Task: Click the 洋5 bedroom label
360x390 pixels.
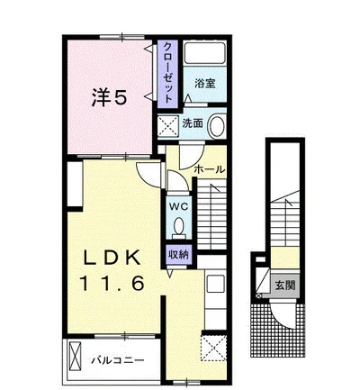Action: pos(108,97)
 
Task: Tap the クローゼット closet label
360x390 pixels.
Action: pos(168,73)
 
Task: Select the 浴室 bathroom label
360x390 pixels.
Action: pos(205,83)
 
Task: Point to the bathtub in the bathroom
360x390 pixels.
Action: pos(204,53)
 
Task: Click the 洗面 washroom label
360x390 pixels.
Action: pos(193,123)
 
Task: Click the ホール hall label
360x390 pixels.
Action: pos(210,169)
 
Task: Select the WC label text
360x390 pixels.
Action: pos(178,206)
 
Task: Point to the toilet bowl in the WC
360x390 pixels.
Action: pos(179,226)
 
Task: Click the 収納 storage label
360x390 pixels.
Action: pos(178,255)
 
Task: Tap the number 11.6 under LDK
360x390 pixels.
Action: pos(112,284)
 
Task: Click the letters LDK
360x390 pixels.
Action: pos(112,258)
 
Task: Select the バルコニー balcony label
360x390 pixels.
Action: pos(118,359)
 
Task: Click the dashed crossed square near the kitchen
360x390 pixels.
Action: pos(214,348)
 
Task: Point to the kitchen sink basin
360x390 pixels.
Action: pos(216,284)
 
